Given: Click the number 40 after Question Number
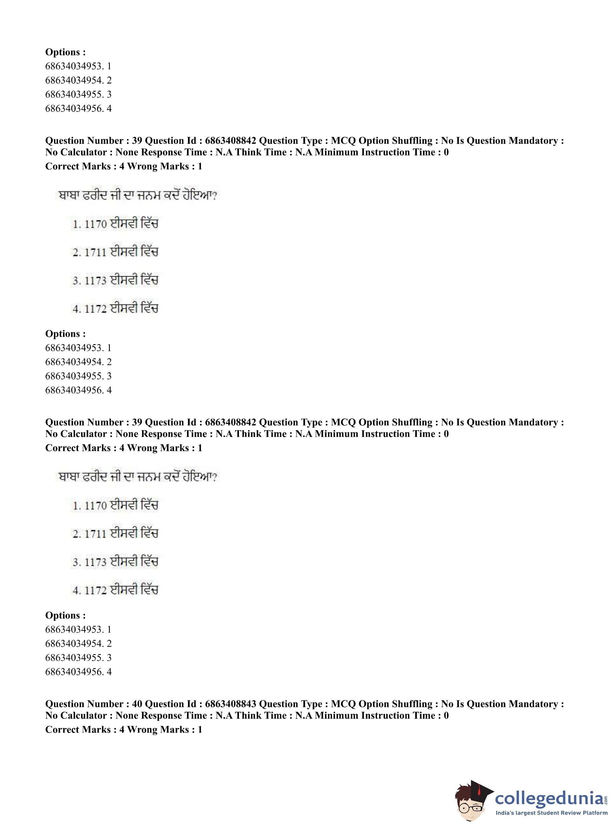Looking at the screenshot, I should coord(137,704).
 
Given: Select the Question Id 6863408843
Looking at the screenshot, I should coord(230,704).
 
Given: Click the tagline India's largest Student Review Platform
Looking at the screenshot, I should coord(551,813).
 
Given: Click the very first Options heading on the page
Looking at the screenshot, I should coord(65,52).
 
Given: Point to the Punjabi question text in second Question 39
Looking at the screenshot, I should coord(137,476).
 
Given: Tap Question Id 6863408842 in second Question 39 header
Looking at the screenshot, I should coord(230,422).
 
